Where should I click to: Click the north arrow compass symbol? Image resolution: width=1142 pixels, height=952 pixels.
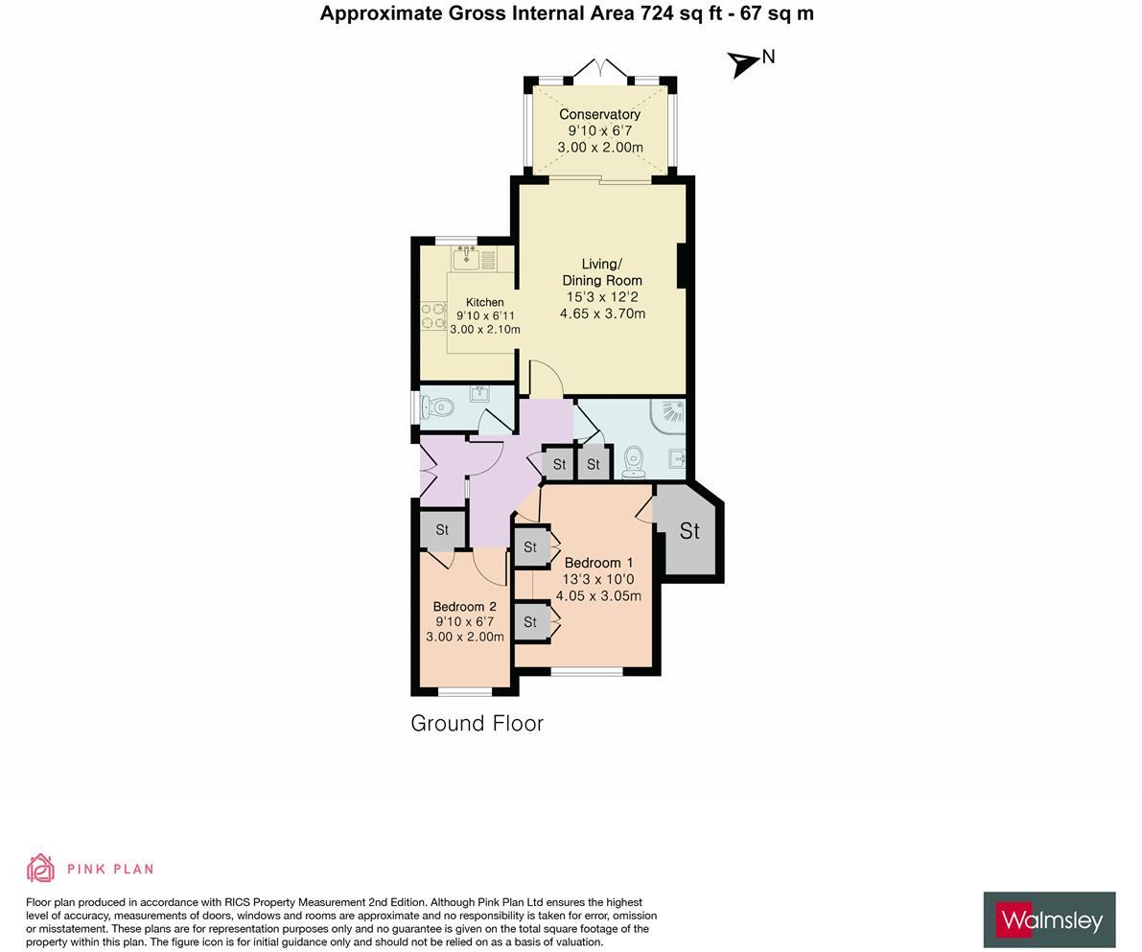pos(743,63)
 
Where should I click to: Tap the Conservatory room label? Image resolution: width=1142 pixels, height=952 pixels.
pos(599,114)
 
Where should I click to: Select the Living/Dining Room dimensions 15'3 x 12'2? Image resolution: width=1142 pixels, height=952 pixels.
pos(602,297)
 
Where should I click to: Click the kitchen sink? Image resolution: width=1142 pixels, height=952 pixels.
pos(467,256)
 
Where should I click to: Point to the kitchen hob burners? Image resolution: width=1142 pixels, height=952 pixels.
pos(433,316)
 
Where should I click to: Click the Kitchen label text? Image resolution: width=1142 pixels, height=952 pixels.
pos(484,302)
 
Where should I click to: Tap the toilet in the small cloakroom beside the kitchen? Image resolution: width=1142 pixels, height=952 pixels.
pos(438,407)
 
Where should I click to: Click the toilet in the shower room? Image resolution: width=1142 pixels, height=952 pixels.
pos(634,462)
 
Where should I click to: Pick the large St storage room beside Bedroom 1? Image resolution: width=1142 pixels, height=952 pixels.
pos(688,531)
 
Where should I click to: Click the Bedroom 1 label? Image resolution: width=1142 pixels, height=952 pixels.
pos(598,563)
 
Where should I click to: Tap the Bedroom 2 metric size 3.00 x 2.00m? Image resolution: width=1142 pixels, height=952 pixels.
pos(464,637)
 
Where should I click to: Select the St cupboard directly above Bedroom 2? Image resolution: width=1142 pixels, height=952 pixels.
pos(442,529)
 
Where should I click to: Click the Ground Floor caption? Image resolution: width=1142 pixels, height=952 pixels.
pos(477,724)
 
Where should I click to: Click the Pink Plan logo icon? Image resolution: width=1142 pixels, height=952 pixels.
pos(40,868)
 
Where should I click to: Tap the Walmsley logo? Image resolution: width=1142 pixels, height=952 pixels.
pos(1049,921)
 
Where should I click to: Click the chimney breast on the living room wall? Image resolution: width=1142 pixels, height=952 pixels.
pos(684,266)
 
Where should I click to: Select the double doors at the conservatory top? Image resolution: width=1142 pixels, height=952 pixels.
pos(600,71)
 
